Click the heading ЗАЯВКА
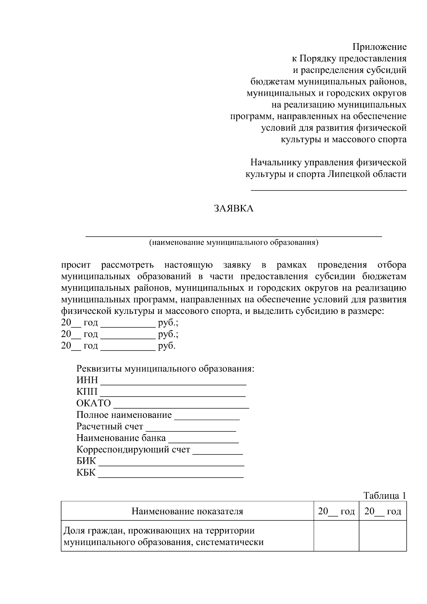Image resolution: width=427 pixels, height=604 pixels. pyautogui.click(x=233, y=209)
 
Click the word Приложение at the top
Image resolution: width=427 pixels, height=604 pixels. pyautogui.click(x=379, y=47)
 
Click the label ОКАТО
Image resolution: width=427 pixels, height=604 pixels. pyautogui.click(x=94, y=403)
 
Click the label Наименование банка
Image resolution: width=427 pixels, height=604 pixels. pyautogui.click(x=121, y=438)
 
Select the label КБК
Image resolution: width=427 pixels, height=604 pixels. pyautogui.click(x=86, y=473)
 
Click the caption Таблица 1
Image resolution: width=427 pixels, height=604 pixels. pyautogui.click(x=384, y=495)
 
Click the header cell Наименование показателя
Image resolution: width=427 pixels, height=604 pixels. pyautogui.click(x=187, y=511)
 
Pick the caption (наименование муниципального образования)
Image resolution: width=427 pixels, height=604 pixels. pyautogui.click(x=233, y=243)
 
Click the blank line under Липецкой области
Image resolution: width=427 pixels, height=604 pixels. pyautogui.click(x=329, y=189)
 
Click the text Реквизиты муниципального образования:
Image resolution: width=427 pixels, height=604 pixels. pyautogui.click(x=165, y=368)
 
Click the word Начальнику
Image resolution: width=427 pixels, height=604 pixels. pyautogui.click(x=276, y=163)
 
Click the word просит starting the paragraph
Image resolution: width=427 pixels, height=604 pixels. pyautogui.click(x=76, y=265)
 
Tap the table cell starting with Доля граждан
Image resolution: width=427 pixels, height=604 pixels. pyautogui.click(x=187, y=536)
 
